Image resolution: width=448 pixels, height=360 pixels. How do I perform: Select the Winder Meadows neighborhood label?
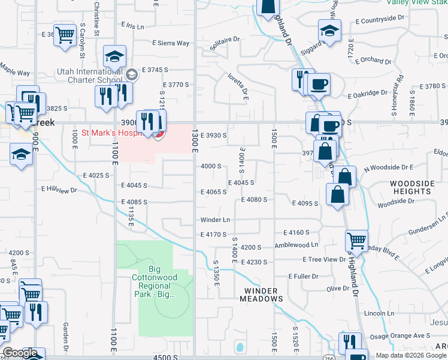(261, 295)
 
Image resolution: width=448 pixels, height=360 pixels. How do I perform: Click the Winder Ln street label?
(215, 220)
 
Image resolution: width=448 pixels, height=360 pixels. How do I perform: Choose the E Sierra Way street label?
(171, 43)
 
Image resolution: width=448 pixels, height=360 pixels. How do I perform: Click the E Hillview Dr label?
(59, 190)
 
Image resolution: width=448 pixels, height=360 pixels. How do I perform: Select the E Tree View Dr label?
(325, 259)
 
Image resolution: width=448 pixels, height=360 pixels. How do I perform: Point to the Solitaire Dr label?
(225, 43)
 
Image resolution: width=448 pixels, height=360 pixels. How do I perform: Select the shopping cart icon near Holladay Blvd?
(356, 240)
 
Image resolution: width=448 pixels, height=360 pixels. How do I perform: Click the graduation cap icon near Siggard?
(329, 29)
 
